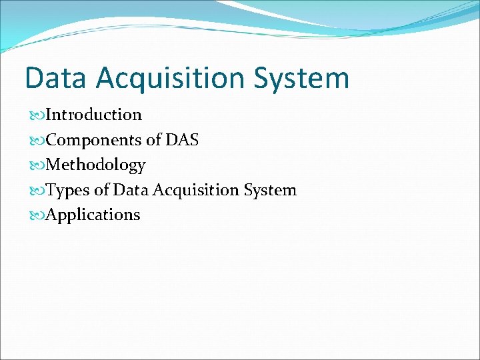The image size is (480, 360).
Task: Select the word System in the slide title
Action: [301, 78]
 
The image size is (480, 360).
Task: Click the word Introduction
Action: [94, 115]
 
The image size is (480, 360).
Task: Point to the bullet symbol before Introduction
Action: [39, 115]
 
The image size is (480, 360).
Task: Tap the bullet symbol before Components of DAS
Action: [39, 141]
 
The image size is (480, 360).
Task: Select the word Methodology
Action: [96, 165]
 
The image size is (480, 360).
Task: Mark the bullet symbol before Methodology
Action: [39, 165]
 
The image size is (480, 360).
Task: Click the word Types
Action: [69, 190]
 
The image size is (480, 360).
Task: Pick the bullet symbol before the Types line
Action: [39, 191]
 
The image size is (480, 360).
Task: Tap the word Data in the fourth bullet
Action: [131, 190]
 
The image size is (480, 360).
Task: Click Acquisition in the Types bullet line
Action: [196, 190]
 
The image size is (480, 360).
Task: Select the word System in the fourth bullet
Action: [270, 190]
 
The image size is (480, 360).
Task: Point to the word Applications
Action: [93, 215]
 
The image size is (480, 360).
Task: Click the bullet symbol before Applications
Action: [39, 215]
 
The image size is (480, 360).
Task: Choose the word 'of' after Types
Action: [101, 190]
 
